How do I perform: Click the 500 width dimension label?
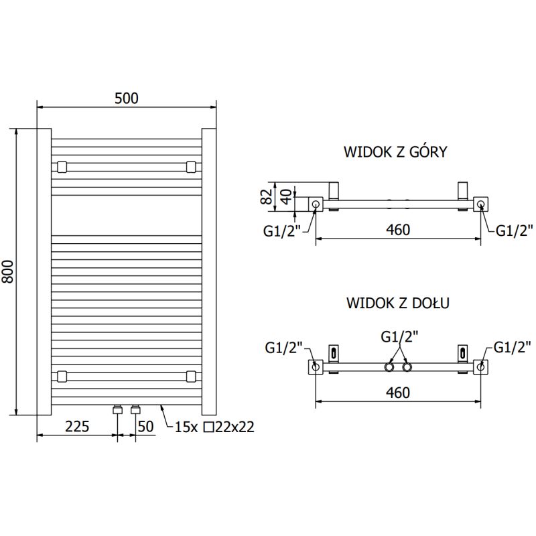126,98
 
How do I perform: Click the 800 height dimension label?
7,271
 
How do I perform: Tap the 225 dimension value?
77,427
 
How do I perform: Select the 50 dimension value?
146,427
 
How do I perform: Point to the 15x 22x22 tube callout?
214,427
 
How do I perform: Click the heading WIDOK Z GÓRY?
395,152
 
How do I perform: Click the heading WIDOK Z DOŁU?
397,303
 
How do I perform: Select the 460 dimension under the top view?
398,230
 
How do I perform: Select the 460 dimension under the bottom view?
398,393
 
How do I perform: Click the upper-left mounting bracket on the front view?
62,165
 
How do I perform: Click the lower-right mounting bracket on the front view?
192,376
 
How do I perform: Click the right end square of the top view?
482,204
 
